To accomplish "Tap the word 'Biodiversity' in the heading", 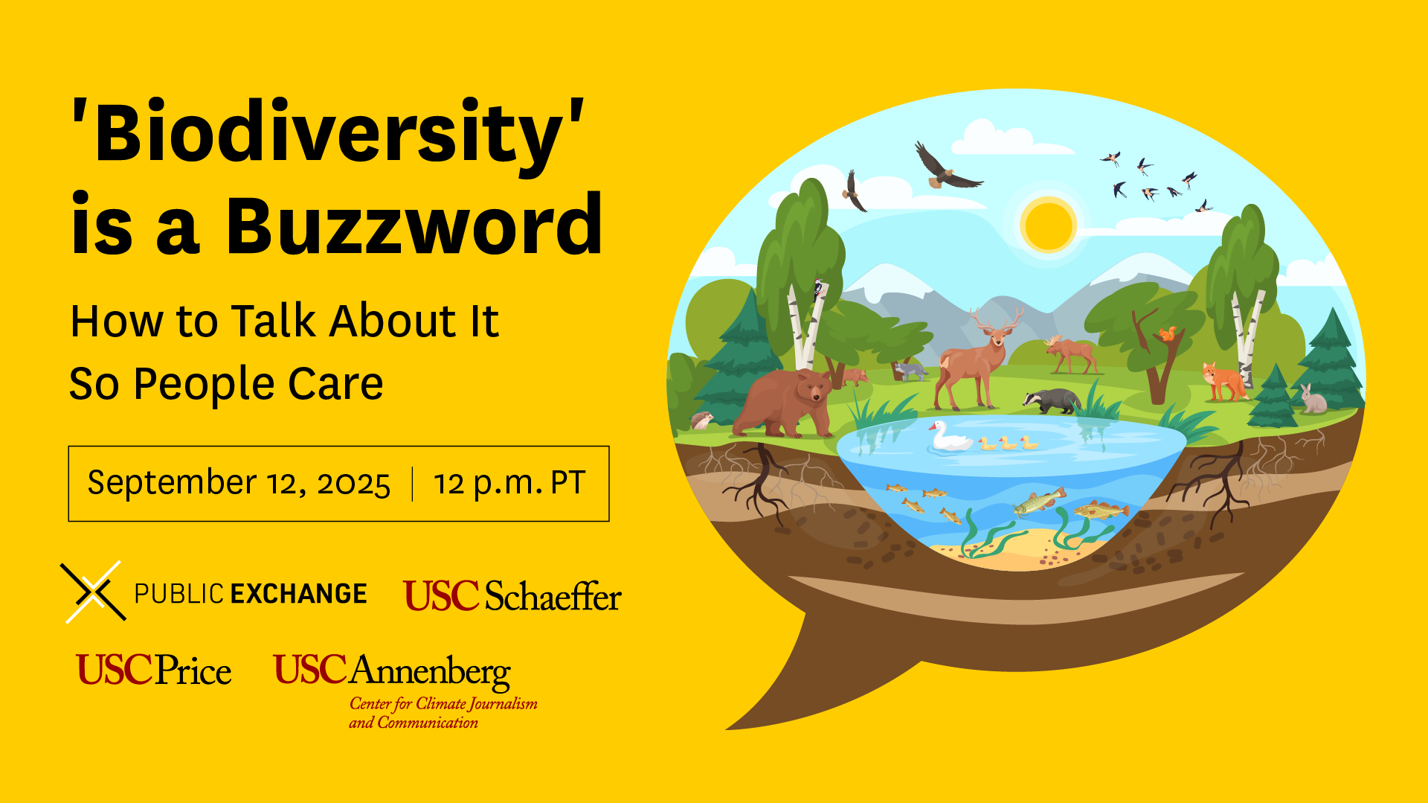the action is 327,133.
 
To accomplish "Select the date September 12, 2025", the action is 239,484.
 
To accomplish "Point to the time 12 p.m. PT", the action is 510,484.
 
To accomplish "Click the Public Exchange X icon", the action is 94,592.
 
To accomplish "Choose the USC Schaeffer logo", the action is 512,596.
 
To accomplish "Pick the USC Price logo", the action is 154,670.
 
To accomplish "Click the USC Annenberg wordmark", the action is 392,671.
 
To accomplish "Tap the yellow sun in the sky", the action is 1048,225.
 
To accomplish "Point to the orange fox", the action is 1223,382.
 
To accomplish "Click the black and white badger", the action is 1051,401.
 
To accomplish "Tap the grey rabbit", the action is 1313,400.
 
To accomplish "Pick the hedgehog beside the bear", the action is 701,421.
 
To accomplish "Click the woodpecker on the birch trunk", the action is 819,288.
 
